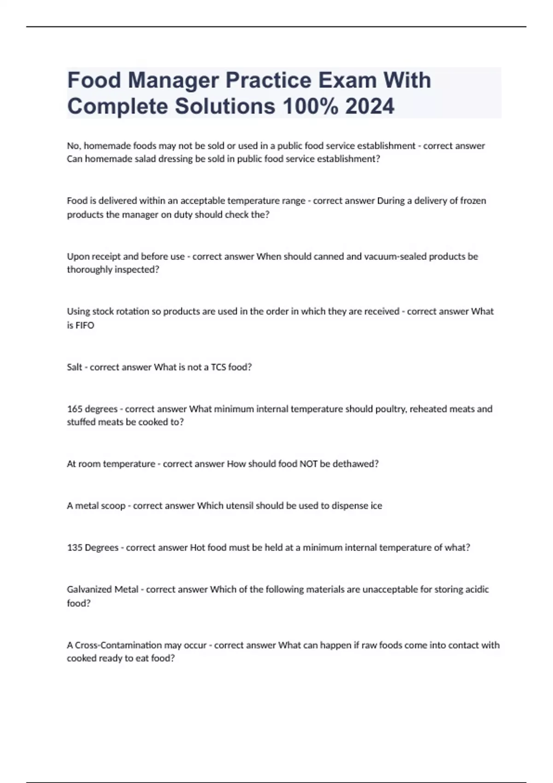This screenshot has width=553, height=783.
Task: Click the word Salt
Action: click(x=75, y=367)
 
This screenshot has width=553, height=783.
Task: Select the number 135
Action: click(x=75, y=548)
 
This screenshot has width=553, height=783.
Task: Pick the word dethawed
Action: click(x=358, y=464)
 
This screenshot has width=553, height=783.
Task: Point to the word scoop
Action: click(x=113, y=506)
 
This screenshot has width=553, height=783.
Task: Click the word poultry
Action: click(x=391, y=409)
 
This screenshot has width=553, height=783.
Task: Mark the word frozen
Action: click(x=473, y=201)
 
